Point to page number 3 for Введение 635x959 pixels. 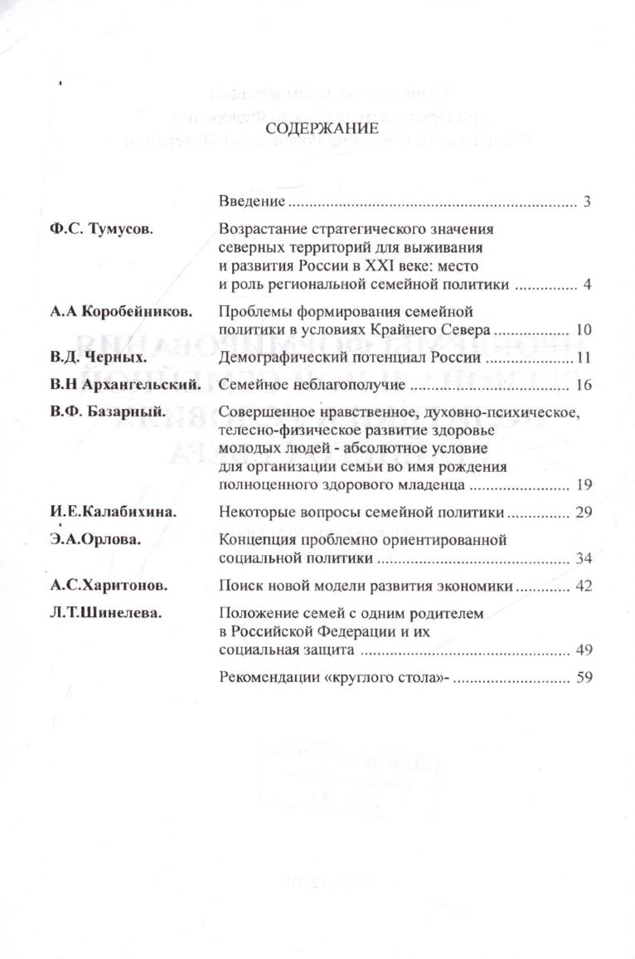point(586,202)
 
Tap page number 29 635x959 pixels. point(583,513)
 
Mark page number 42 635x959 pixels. point(583,587)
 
